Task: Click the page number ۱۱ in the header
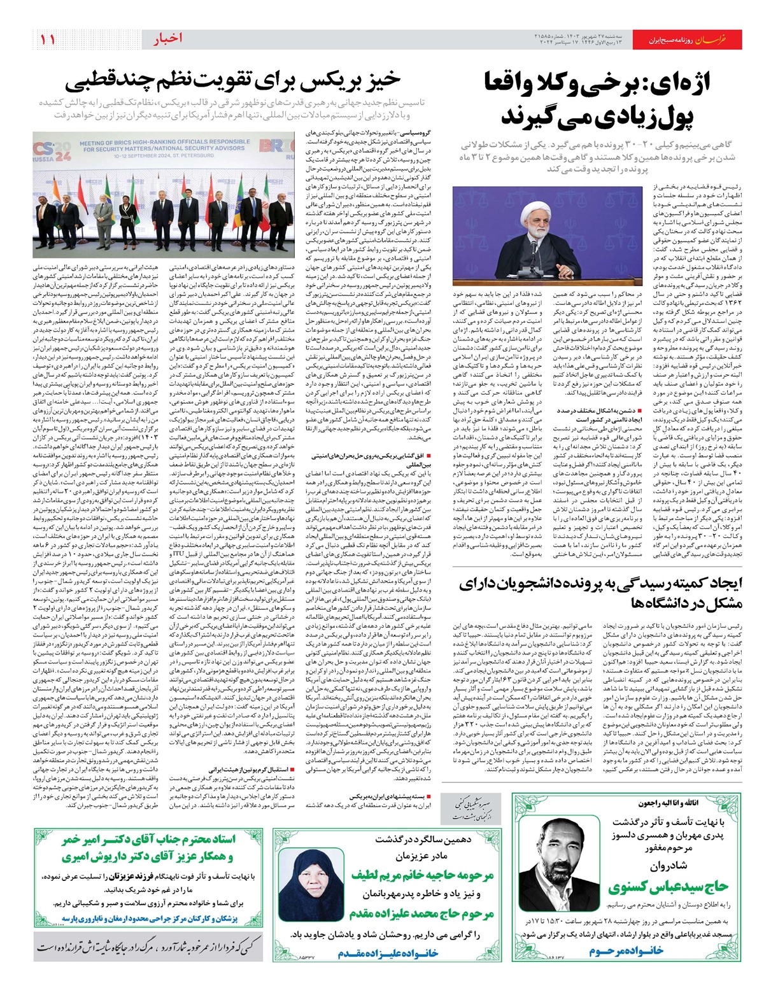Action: (x=48, y=39)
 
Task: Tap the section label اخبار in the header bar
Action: (x=167, y=39)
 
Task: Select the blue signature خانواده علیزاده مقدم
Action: (x=388, y=953)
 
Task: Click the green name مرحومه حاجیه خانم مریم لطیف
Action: (x=422, y=875)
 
